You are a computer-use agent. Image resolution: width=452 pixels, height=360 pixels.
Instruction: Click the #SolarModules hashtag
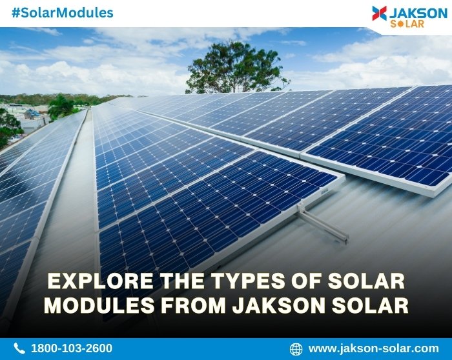[x=63, y=13]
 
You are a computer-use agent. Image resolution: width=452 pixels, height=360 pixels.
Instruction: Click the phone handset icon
[x=19, y=348]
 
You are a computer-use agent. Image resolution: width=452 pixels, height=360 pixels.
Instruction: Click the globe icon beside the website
[x=296, y=348]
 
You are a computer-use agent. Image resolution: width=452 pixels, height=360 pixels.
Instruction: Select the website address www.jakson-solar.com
[x=373, y=348]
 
